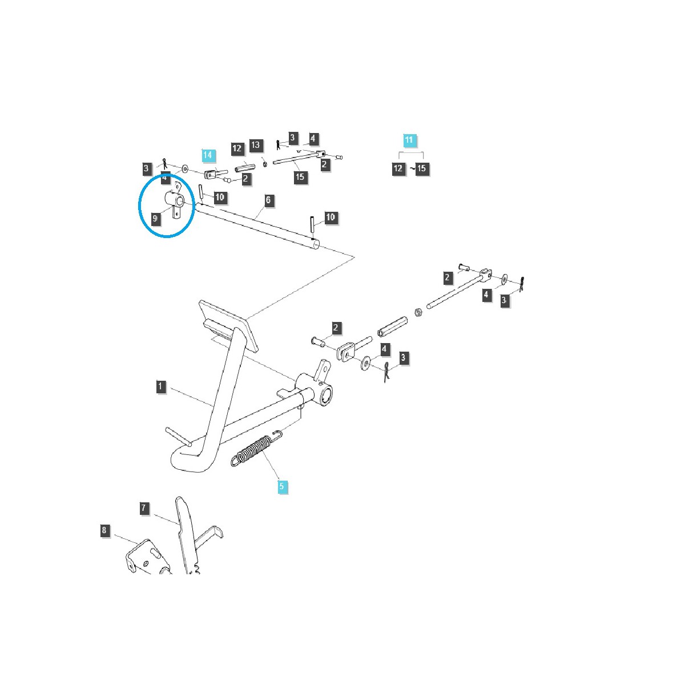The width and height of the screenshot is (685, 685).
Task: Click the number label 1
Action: (x=160, y=386)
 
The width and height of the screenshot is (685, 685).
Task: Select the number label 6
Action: (x=268, y=200)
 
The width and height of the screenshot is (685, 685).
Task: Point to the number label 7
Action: (x=144, y=507)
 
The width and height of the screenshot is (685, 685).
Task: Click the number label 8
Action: (x=104, y=530)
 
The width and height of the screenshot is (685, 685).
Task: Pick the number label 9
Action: (x=154, y=218)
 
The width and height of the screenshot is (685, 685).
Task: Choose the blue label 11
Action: (x=409, y=140)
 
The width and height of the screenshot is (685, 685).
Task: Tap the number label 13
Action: (x=255, y=145)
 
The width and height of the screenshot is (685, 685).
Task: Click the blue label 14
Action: (x=208, y=155)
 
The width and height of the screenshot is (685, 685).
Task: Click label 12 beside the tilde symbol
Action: (x=398, y=169)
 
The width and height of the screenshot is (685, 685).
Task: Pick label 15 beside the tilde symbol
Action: (x=422, y=169)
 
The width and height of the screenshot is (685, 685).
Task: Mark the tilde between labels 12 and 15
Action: (x=410, y=169)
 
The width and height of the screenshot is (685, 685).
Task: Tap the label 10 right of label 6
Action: (x=331, y=217)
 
